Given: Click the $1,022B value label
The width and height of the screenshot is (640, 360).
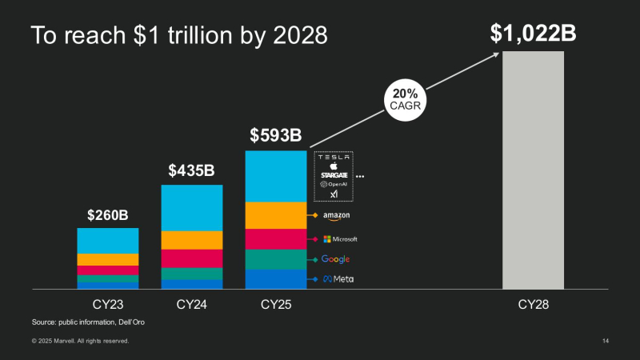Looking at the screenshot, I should point(533,33).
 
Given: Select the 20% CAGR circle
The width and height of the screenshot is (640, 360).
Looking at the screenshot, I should point(406,99).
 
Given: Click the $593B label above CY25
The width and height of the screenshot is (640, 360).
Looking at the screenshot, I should point(275,134).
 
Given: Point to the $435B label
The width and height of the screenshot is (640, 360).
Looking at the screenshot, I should point(192,170).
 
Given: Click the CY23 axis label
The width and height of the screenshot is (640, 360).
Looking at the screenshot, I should point(107,304).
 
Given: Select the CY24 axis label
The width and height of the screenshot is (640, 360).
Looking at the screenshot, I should point(192,304).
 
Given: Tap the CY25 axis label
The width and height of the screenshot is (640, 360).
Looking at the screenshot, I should point(276,304).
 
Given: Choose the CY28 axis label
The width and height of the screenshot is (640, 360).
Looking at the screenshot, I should point(533,304).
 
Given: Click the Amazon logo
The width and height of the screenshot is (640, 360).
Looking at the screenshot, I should point(336,216).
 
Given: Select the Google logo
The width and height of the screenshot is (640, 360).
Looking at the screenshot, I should point(335,259).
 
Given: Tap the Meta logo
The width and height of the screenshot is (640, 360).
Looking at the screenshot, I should point(338,279).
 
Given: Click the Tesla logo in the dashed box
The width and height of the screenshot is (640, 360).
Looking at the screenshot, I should point(334,157).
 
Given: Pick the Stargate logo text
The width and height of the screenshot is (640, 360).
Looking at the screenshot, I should point(334,174).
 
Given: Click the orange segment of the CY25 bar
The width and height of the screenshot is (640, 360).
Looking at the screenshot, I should point(276,215).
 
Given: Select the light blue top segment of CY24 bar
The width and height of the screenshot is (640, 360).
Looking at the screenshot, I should point(192,208).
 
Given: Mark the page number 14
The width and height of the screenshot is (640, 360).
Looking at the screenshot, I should point(606,342).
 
